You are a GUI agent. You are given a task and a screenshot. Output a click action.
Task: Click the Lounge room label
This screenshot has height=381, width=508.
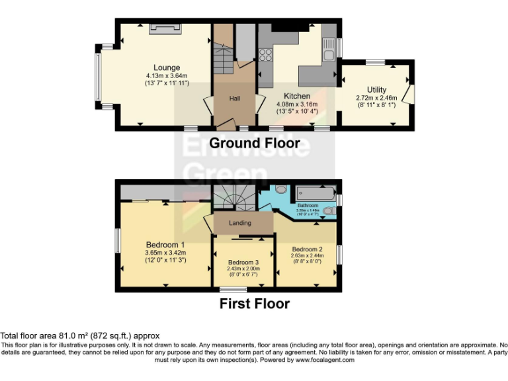coord(167,67)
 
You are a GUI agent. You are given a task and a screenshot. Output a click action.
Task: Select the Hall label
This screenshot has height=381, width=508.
coord(235,99)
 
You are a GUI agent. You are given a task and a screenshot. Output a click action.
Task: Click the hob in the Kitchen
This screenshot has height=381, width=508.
coord(265,54)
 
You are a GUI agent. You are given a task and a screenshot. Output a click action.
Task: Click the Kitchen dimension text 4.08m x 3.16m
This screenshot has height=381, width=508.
coord(296,104)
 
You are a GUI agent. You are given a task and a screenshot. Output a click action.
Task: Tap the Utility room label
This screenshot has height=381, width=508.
coord(377,90)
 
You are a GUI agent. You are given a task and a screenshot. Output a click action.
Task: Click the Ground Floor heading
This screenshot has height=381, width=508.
coord(255,143)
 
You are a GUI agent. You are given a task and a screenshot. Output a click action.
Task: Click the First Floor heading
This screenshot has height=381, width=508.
coord(255,304)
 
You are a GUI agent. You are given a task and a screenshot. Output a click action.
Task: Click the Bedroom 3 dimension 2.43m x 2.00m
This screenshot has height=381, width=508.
coord(243,269)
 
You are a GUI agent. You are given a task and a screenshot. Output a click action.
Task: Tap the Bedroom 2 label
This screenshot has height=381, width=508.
coord(307,249)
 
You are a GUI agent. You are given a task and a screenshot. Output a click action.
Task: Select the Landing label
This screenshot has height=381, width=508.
coord(239,223)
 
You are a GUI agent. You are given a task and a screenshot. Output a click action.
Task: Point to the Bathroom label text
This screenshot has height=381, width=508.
coord(308,206)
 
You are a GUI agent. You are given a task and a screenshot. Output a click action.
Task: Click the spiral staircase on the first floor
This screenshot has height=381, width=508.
coord(234,196)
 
